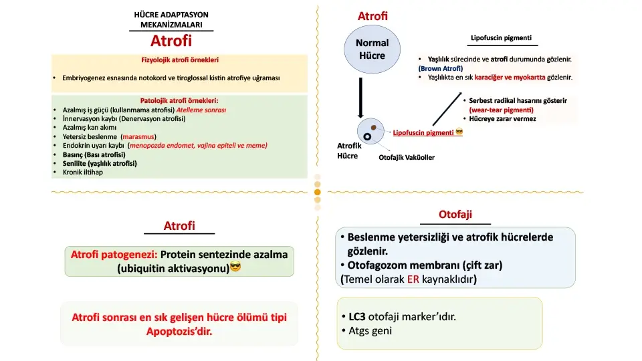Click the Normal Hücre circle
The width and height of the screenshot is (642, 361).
(372, 49)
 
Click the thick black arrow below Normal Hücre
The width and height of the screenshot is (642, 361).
(360, 98)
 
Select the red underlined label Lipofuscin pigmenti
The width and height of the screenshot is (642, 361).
(423, 132)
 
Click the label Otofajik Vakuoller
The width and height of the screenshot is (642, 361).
(407, 158)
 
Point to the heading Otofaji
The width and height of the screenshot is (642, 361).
(455, 214)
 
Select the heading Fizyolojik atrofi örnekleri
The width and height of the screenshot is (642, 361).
(179, 60)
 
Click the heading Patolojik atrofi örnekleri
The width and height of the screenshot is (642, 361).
(179, 101)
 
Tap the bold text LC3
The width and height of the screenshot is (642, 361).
(358, 316)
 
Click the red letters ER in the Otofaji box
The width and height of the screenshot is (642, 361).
(414, 279)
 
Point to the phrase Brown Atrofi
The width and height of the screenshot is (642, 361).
(441, 68)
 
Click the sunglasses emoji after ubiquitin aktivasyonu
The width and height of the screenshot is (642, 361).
(235, 268)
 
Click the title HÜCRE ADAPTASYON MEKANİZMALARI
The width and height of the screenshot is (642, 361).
(172, 19)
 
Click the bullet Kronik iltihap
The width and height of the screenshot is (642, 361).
(83, 172)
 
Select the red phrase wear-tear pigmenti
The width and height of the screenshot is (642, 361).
(501, 110)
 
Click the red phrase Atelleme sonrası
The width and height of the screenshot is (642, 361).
(201, 110)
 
